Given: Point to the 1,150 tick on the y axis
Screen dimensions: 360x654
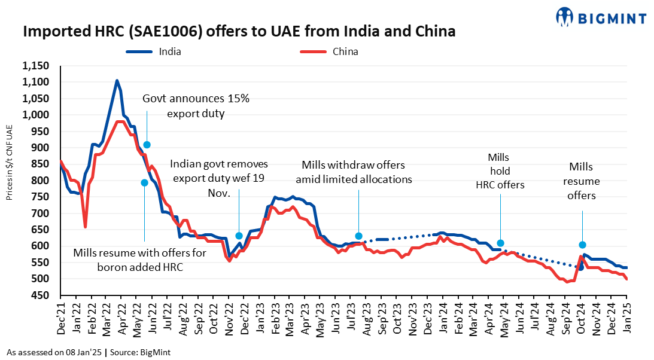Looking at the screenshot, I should (39, 65).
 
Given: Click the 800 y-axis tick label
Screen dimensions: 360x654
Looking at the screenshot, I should (45, 181).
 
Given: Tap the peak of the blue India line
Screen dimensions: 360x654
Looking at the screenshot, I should (117, 81).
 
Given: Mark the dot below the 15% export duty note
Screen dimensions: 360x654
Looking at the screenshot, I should (147, 145).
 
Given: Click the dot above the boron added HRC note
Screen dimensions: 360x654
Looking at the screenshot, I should (144, 182).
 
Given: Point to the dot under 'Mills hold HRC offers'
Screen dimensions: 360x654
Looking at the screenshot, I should (500, 243).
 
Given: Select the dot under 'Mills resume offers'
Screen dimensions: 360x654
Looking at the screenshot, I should (582, 245).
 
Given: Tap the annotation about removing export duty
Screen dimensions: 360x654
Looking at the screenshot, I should (219, 178).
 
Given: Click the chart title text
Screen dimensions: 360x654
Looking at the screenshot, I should (239, 32).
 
